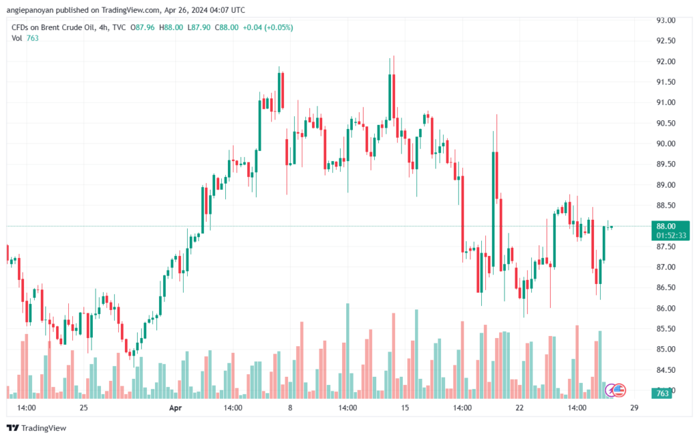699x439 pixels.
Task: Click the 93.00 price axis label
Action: point(666,20)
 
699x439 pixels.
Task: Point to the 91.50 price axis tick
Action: point(666,82)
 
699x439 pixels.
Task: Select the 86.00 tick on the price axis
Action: point(666,308)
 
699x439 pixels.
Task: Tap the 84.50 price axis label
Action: point(666,370)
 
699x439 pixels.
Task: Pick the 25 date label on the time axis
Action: point(83,408)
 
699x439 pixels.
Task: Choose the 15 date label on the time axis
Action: point(405,408)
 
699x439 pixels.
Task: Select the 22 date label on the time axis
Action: point(519,408)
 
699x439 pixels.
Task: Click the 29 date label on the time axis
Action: point(634,408)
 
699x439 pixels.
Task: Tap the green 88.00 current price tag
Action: point(666,226)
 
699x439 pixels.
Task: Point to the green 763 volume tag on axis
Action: point(661,393)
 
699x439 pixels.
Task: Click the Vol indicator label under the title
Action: point(17,38)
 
